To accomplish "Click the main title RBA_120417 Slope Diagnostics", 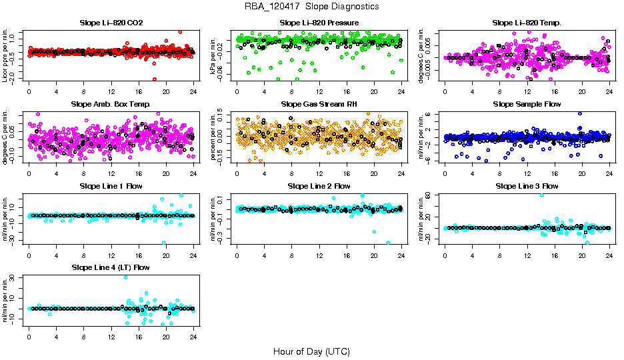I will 311,7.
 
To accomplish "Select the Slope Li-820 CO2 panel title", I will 111,23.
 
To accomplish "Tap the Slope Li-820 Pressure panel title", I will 319,23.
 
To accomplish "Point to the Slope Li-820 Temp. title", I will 527,23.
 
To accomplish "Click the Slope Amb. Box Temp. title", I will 111,105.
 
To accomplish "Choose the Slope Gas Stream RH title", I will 319,105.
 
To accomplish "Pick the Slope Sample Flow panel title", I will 527,105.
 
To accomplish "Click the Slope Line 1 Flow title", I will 111,186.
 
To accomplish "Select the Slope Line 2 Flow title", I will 319,186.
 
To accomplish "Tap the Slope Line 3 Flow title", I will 527,186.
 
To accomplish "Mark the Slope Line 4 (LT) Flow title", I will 111,267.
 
